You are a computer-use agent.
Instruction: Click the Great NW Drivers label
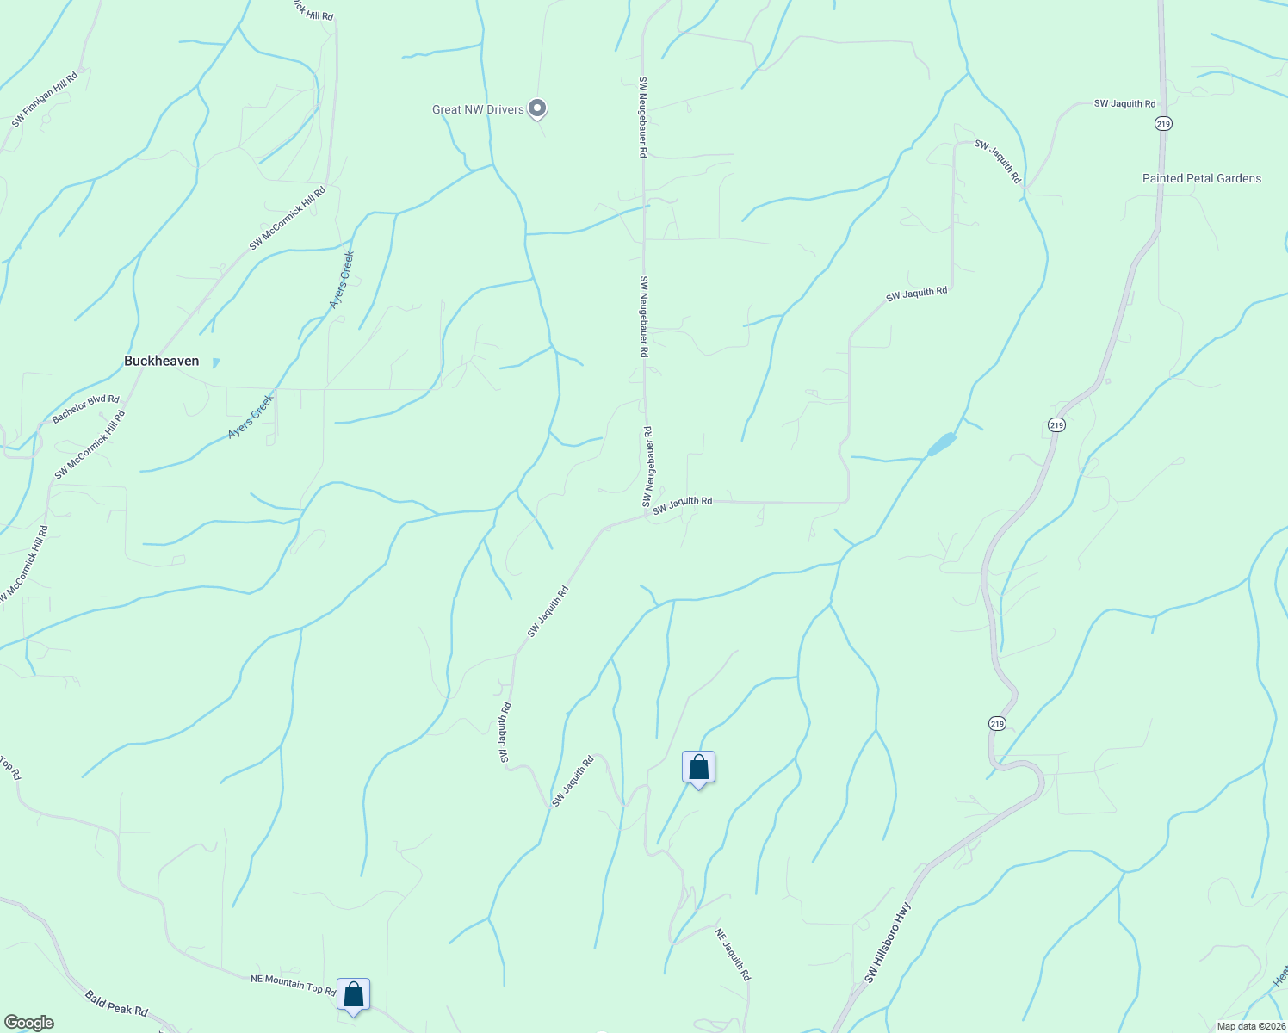click(478, 109)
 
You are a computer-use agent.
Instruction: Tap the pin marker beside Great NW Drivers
click(538, 108)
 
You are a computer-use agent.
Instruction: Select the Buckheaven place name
click(161, 362)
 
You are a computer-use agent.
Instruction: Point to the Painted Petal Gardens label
click(1201, 178)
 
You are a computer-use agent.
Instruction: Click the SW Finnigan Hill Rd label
click(45, 100)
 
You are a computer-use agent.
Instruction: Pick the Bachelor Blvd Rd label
click(85, 409)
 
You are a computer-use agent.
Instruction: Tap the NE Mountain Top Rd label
click(293, 985)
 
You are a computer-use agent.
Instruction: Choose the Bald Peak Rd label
click(116, 1003)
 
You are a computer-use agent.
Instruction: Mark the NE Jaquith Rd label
click(734, 954)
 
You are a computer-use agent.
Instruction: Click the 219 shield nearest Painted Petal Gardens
click(1163, 124)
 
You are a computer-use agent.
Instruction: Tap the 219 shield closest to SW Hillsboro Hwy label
click(996, 723)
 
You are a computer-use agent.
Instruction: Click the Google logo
click(28, 1023)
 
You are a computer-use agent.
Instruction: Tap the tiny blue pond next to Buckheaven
click(215, 362)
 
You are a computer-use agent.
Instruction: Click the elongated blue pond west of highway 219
click(942, 444)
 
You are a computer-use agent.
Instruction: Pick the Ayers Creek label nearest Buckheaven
click(250, 417)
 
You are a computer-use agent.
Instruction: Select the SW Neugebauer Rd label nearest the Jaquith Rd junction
click(648, 466)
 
